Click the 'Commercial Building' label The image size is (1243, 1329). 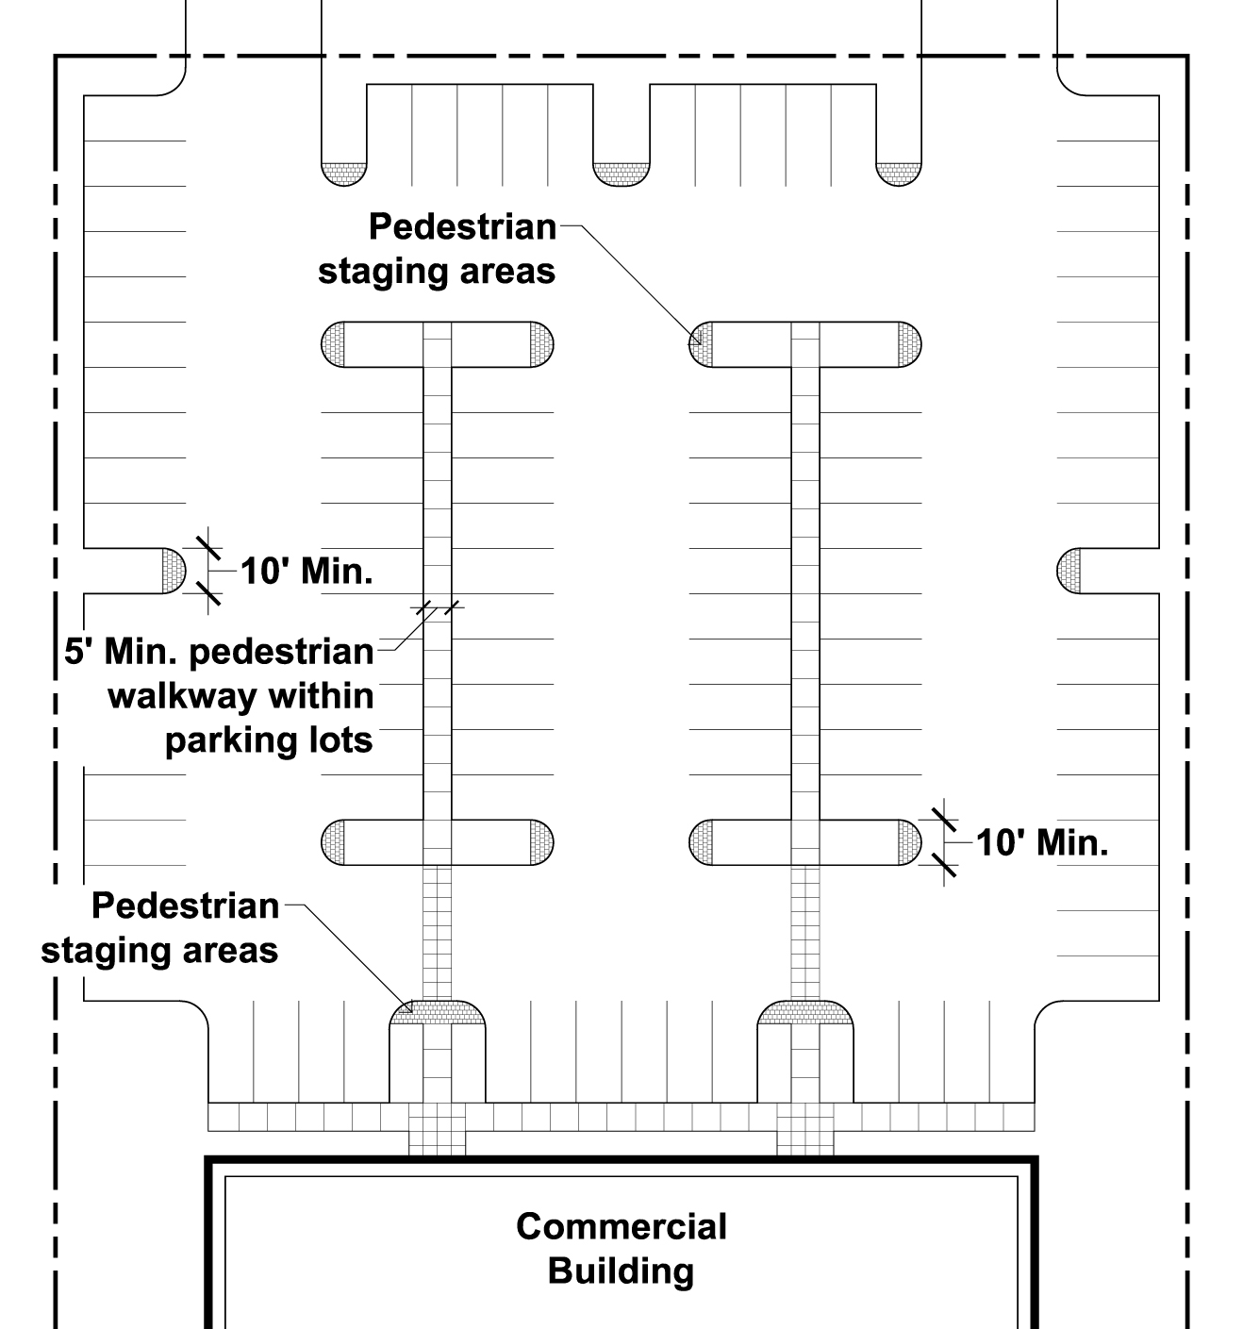621,1248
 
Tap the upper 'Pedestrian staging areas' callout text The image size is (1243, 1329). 438,249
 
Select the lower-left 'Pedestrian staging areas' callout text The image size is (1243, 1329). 160,927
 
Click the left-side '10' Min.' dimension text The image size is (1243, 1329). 307,572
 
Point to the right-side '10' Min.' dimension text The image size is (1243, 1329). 1041,842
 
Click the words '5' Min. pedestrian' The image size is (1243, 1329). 219,652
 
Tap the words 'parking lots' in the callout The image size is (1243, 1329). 269,739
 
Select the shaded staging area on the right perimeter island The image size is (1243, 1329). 1069,571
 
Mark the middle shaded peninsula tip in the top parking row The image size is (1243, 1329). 621,174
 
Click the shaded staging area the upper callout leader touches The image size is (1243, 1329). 699,344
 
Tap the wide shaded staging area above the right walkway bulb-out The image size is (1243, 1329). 805,1011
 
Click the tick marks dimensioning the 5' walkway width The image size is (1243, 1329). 438,606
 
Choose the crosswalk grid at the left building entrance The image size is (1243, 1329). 438,1130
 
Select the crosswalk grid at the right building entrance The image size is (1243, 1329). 805,1130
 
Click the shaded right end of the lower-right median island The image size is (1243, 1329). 909,842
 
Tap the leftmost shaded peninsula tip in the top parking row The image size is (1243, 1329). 343,174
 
